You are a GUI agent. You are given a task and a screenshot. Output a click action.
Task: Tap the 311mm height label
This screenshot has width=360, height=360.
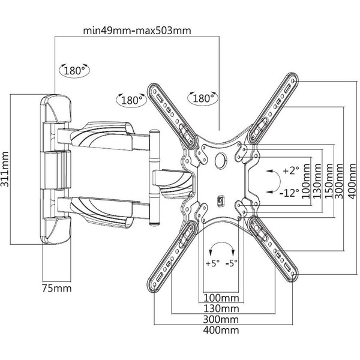point(5,169)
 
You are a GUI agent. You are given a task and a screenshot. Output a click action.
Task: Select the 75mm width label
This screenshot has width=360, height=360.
point(56,289)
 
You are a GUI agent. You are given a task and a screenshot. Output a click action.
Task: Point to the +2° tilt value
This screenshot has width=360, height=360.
point(290,170)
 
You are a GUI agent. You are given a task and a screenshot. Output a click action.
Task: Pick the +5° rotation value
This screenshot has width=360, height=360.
point(212,262)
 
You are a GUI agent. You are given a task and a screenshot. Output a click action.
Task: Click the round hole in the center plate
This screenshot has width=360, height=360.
point(220,160)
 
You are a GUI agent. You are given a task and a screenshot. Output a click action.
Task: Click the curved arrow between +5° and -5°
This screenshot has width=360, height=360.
point(222,247)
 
